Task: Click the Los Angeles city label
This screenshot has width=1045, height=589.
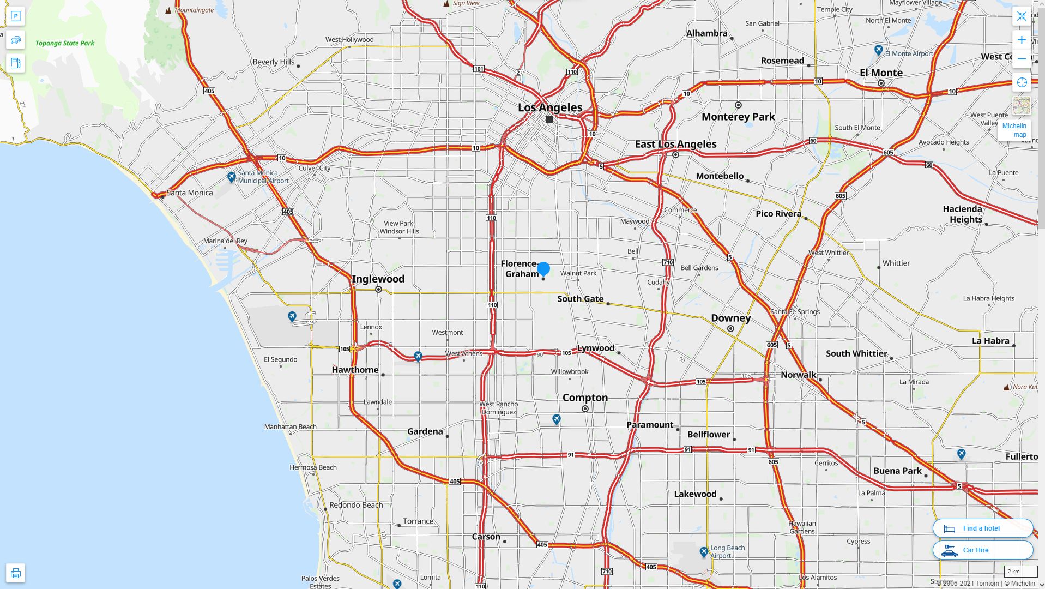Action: [549, 107]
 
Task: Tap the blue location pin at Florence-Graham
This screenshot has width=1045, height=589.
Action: [543, 268]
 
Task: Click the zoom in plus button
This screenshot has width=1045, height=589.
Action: [1022, 40]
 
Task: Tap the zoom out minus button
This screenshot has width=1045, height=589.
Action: [1022, 59]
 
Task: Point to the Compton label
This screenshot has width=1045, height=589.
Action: [585, 398]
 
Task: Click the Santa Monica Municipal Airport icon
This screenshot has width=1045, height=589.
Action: [231, 177]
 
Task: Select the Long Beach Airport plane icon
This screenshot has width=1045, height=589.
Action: [704, 552]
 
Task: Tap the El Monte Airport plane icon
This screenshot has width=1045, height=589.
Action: [878, 50]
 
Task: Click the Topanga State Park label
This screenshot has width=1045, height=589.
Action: [65, 43]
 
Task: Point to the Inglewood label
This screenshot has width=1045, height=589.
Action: [378, 279]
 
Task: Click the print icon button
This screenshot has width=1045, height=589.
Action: [16, 573]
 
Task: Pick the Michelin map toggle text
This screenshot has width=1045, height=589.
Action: [1014, 130]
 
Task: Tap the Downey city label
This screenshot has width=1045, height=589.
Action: [730, 318]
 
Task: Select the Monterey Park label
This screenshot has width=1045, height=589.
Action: [738, 117]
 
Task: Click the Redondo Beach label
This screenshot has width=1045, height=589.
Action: [356, 505]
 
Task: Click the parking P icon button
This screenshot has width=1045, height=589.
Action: [16, 16]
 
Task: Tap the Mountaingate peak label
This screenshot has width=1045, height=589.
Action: [194, 10]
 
